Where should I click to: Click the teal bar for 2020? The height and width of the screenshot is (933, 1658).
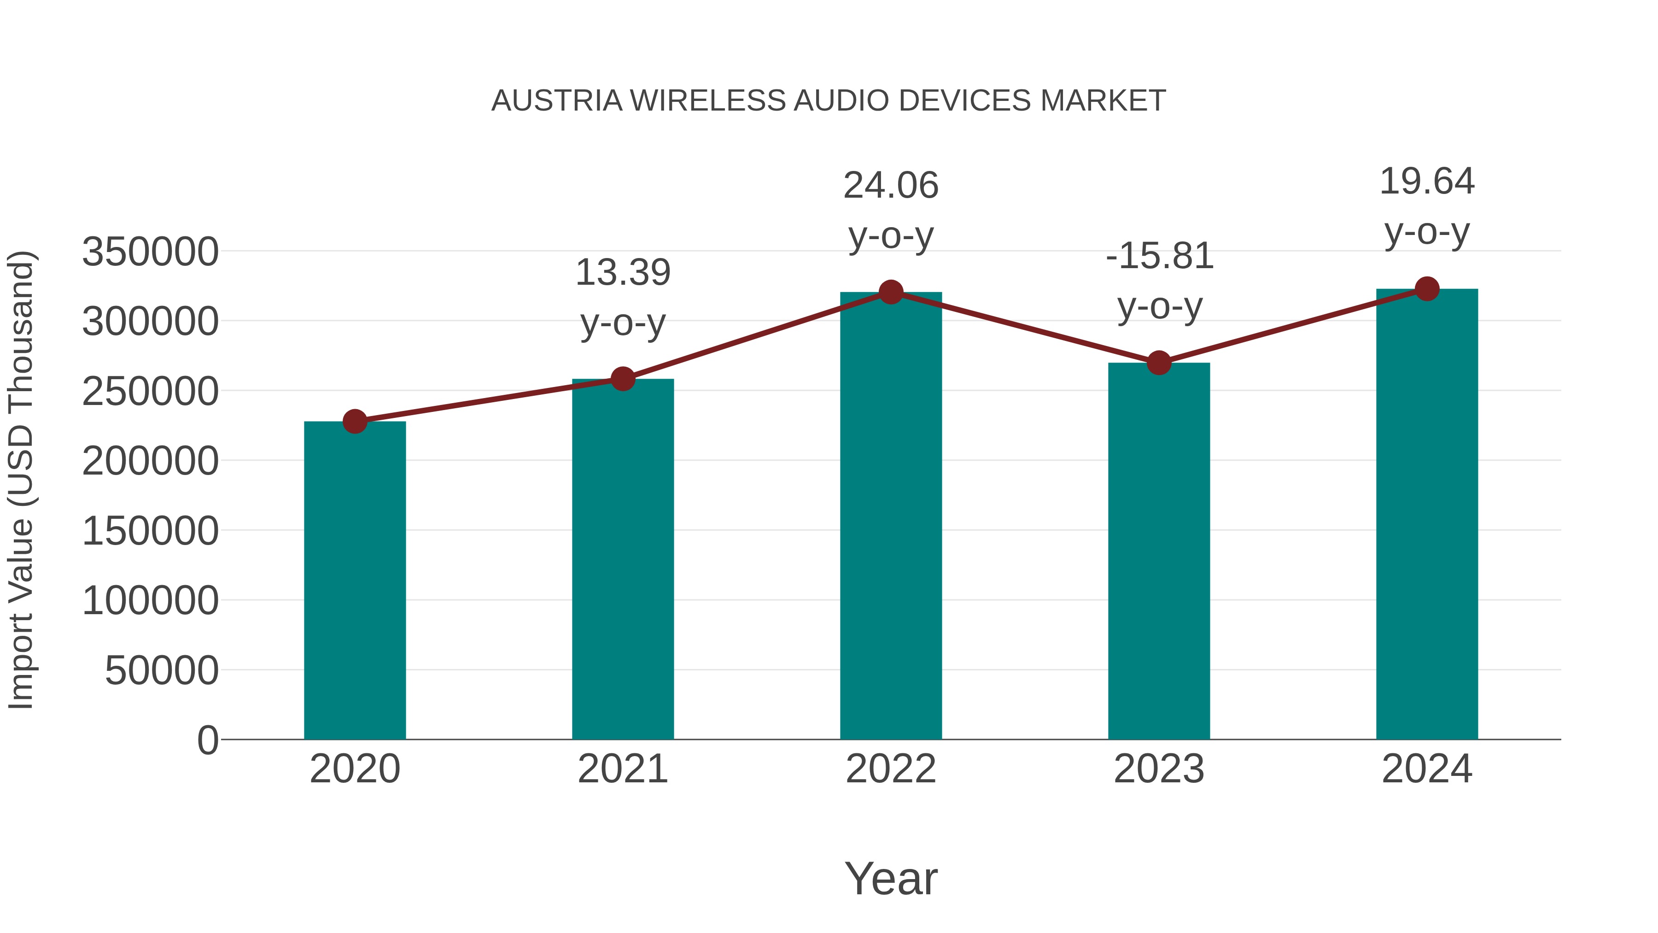(355, 580)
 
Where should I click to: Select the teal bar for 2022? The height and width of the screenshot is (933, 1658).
(891, 515)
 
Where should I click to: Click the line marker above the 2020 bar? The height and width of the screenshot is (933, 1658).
(355, 422)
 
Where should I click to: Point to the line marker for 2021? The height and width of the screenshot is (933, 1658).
(622, 379)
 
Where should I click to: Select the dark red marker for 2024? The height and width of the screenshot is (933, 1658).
(1427, 289)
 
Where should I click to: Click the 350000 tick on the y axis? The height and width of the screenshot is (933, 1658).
(150, 252)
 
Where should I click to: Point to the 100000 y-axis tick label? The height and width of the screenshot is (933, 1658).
(150, 601)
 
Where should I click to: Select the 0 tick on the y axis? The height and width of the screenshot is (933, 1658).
(207, 740)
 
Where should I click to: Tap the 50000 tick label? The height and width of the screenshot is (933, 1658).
(162, 671)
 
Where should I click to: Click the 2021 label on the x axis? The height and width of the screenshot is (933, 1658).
(622, 769)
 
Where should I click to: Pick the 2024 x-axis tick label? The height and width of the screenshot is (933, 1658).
(1427, 769)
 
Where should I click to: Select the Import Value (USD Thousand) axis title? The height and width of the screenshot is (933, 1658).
(21, 480)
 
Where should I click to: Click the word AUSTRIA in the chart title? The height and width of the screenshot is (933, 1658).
(557, 101)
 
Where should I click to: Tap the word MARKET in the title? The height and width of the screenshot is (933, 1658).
(1103, 101)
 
